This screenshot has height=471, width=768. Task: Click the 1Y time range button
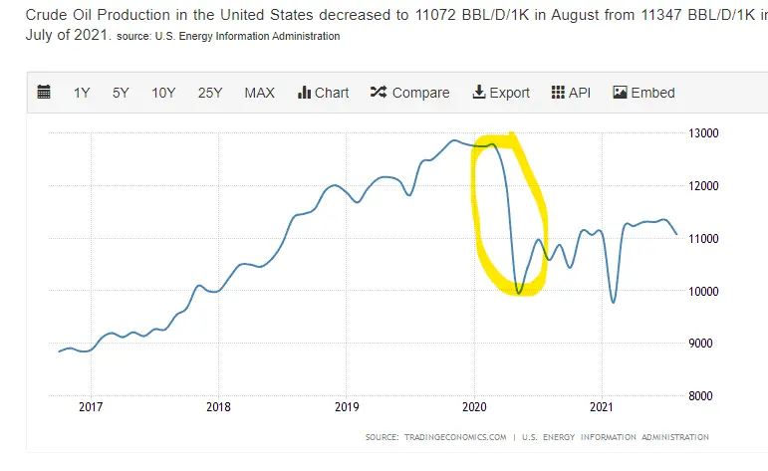click(82, 93)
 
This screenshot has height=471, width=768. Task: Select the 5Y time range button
click(121, 93)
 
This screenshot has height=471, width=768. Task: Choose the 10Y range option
click(163, 93)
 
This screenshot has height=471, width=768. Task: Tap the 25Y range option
click(209, 93)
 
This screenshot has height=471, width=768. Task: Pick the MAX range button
click(259, 93)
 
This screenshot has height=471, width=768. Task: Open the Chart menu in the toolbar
click(323, 93)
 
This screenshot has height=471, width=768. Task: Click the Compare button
click(409, 93)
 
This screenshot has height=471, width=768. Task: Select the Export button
click(501, 93)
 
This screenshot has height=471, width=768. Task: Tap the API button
click(571, 93)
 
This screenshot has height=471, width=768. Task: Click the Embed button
click(643, 93)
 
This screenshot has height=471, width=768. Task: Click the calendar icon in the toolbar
click(44, 93)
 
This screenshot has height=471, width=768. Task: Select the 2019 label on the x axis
click(346, 407)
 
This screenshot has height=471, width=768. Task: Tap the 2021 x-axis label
click(601, 407)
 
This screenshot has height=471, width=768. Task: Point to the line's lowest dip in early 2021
click(614, 302)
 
